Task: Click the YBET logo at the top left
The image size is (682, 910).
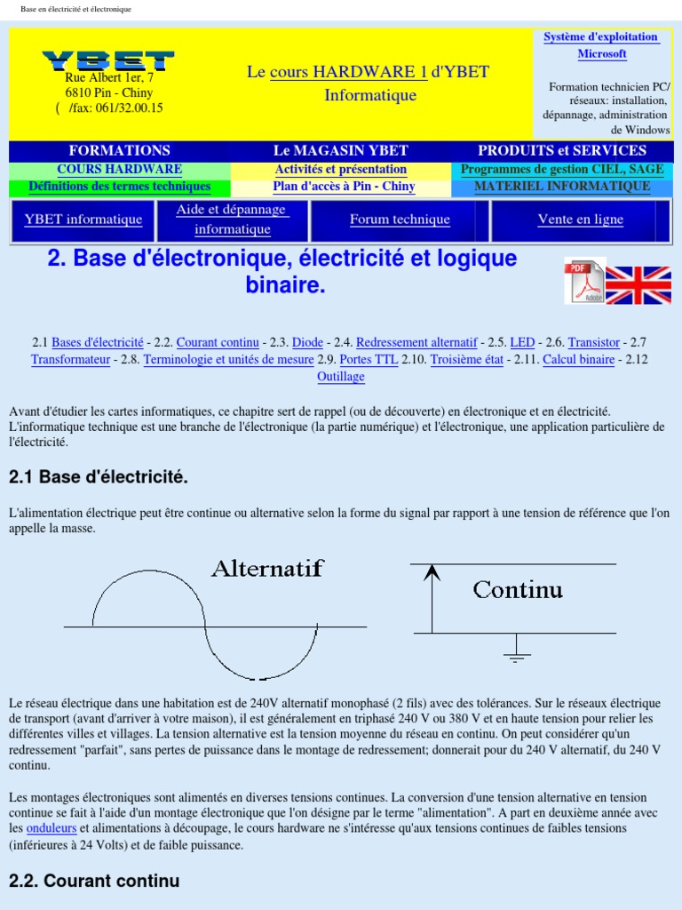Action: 108,60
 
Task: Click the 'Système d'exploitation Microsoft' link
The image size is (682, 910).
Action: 601,45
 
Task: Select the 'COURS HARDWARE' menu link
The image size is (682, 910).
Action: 120,169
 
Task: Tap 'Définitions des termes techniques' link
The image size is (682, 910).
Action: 120,187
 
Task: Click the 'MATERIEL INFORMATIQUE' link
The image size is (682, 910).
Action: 562,187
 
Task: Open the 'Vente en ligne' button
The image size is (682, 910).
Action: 581,220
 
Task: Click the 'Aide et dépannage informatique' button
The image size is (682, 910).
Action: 231,220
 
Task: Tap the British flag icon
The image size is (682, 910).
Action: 638,285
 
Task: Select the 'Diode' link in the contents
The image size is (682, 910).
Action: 308,342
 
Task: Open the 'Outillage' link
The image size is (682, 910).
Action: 341,377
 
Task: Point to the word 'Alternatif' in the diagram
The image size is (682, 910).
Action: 267,568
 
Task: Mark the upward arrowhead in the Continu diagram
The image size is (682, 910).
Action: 432,572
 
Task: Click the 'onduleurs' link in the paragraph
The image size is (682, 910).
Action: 52,828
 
